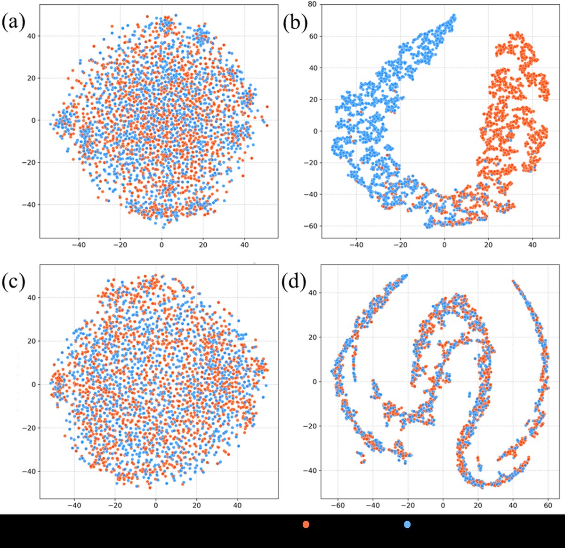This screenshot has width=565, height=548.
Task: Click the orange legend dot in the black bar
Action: pyautogui.click(x=306, y=524)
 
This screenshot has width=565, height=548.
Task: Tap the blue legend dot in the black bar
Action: pyautogui.click(x=407, y=524)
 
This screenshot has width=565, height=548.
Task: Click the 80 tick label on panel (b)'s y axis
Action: pyautogui.click(x=311, y=5)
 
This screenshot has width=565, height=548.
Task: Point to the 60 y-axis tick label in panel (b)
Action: pyautogui.click(x=311, y=36)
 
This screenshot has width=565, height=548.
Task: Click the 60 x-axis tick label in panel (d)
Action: pyautogui.click(x=548, y=506)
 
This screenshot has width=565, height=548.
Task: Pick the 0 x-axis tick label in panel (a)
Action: pyautogui.click(x=161, y=245)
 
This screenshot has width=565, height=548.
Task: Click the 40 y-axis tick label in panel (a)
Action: pyautogui.click(x=32, y=36)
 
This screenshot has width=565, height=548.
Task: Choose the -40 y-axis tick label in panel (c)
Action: pyautogui.click(x=29, y=471)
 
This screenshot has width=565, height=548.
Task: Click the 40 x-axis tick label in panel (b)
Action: pyautogui.click(x=532, y=245)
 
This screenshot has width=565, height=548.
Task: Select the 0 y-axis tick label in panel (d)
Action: pyautogui.click(x=314, y=382)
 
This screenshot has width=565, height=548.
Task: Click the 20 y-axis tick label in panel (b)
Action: pyautogui.click(x=311, y=100)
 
